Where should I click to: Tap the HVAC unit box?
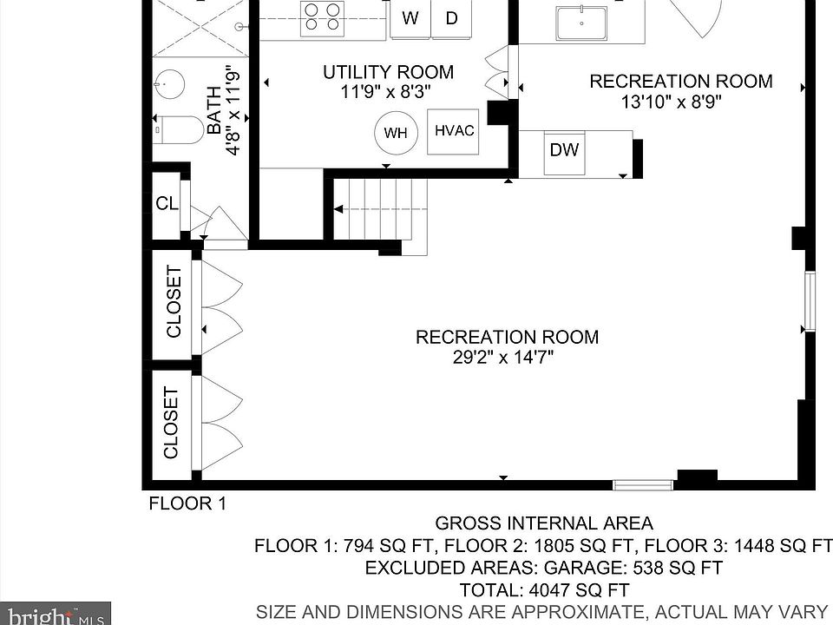point(453,131)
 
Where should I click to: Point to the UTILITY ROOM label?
point(389,72)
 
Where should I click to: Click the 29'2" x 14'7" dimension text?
point(503,357)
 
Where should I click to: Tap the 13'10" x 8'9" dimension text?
point(672,101)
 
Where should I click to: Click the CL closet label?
point(167,203)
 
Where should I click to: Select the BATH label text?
point(213,110)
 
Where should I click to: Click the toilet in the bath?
point(179,130)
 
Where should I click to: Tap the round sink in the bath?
point(169,84)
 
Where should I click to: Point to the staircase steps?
point(380,209)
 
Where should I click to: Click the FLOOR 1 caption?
point(187,503)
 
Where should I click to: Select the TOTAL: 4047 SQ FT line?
point(544,590)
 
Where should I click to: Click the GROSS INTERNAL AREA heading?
point(544,523)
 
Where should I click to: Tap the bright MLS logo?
point(56,614)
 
